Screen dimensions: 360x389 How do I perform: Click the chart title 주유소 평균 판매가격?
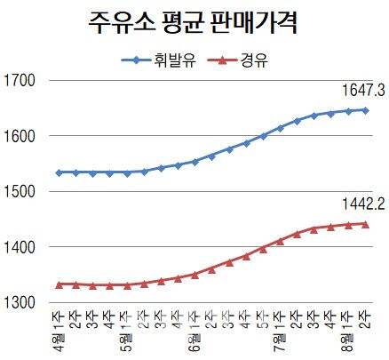pos(194,22)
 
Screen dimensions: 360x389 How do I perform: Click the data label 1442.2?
pos(361,204)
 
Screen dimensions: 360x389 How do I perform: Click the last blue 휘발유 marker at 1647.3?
pos(365,110)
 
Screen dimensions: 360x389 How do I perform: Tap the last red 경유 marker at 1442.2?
pos(365,224)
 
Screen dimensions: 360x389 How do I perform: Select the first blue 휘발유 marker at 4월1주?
pos(59,172)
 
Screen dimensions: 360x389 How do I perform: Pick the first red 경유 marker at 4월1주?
pos(59,284)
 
